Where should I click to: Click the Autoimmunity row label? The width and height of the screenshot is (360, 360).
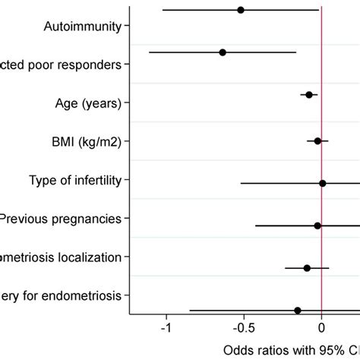coord(83,27)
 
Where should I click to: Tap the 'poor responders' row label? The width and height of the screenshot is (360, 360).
coord(61,65)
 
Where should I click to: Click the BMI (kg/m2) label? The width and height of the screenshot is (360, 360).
coord(88,141)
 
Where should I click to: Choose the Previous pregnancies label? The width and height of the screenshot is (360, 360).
coord(61,219)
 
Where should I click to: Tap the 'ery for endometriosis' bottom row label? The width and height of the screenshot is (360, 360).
coord(61,295)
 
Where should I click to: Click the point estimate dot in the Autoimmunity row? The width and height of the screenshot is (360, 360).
coord(241,10)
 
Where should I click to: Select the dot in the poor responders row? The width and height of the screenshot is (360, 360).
coord(223,52)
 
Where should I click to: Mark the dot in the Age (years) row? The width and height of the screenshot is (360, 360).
coord(309,95)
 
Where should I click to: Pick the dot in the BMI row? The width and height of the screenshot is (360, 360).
coord(317,141)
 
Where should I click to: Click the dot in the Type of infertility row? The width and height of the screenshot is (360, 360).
coord(322,183)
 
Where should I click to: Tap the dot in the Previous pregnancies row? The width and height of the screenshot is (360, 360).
coord(317,226)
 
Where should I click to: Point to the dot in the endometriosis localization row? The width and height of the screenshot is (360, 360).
coord(307,268)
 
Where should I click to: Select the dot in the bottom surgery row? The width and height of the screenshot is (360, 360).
coord(298,311)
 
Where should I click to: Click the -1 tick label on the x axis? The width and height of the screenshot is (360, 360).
coord(166,329)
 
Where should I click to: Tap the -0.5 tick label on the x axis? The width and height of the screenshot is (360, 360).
coord(243,329)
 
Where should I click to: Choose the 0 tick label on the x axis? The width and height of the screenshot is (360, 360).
coord(322,329)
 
